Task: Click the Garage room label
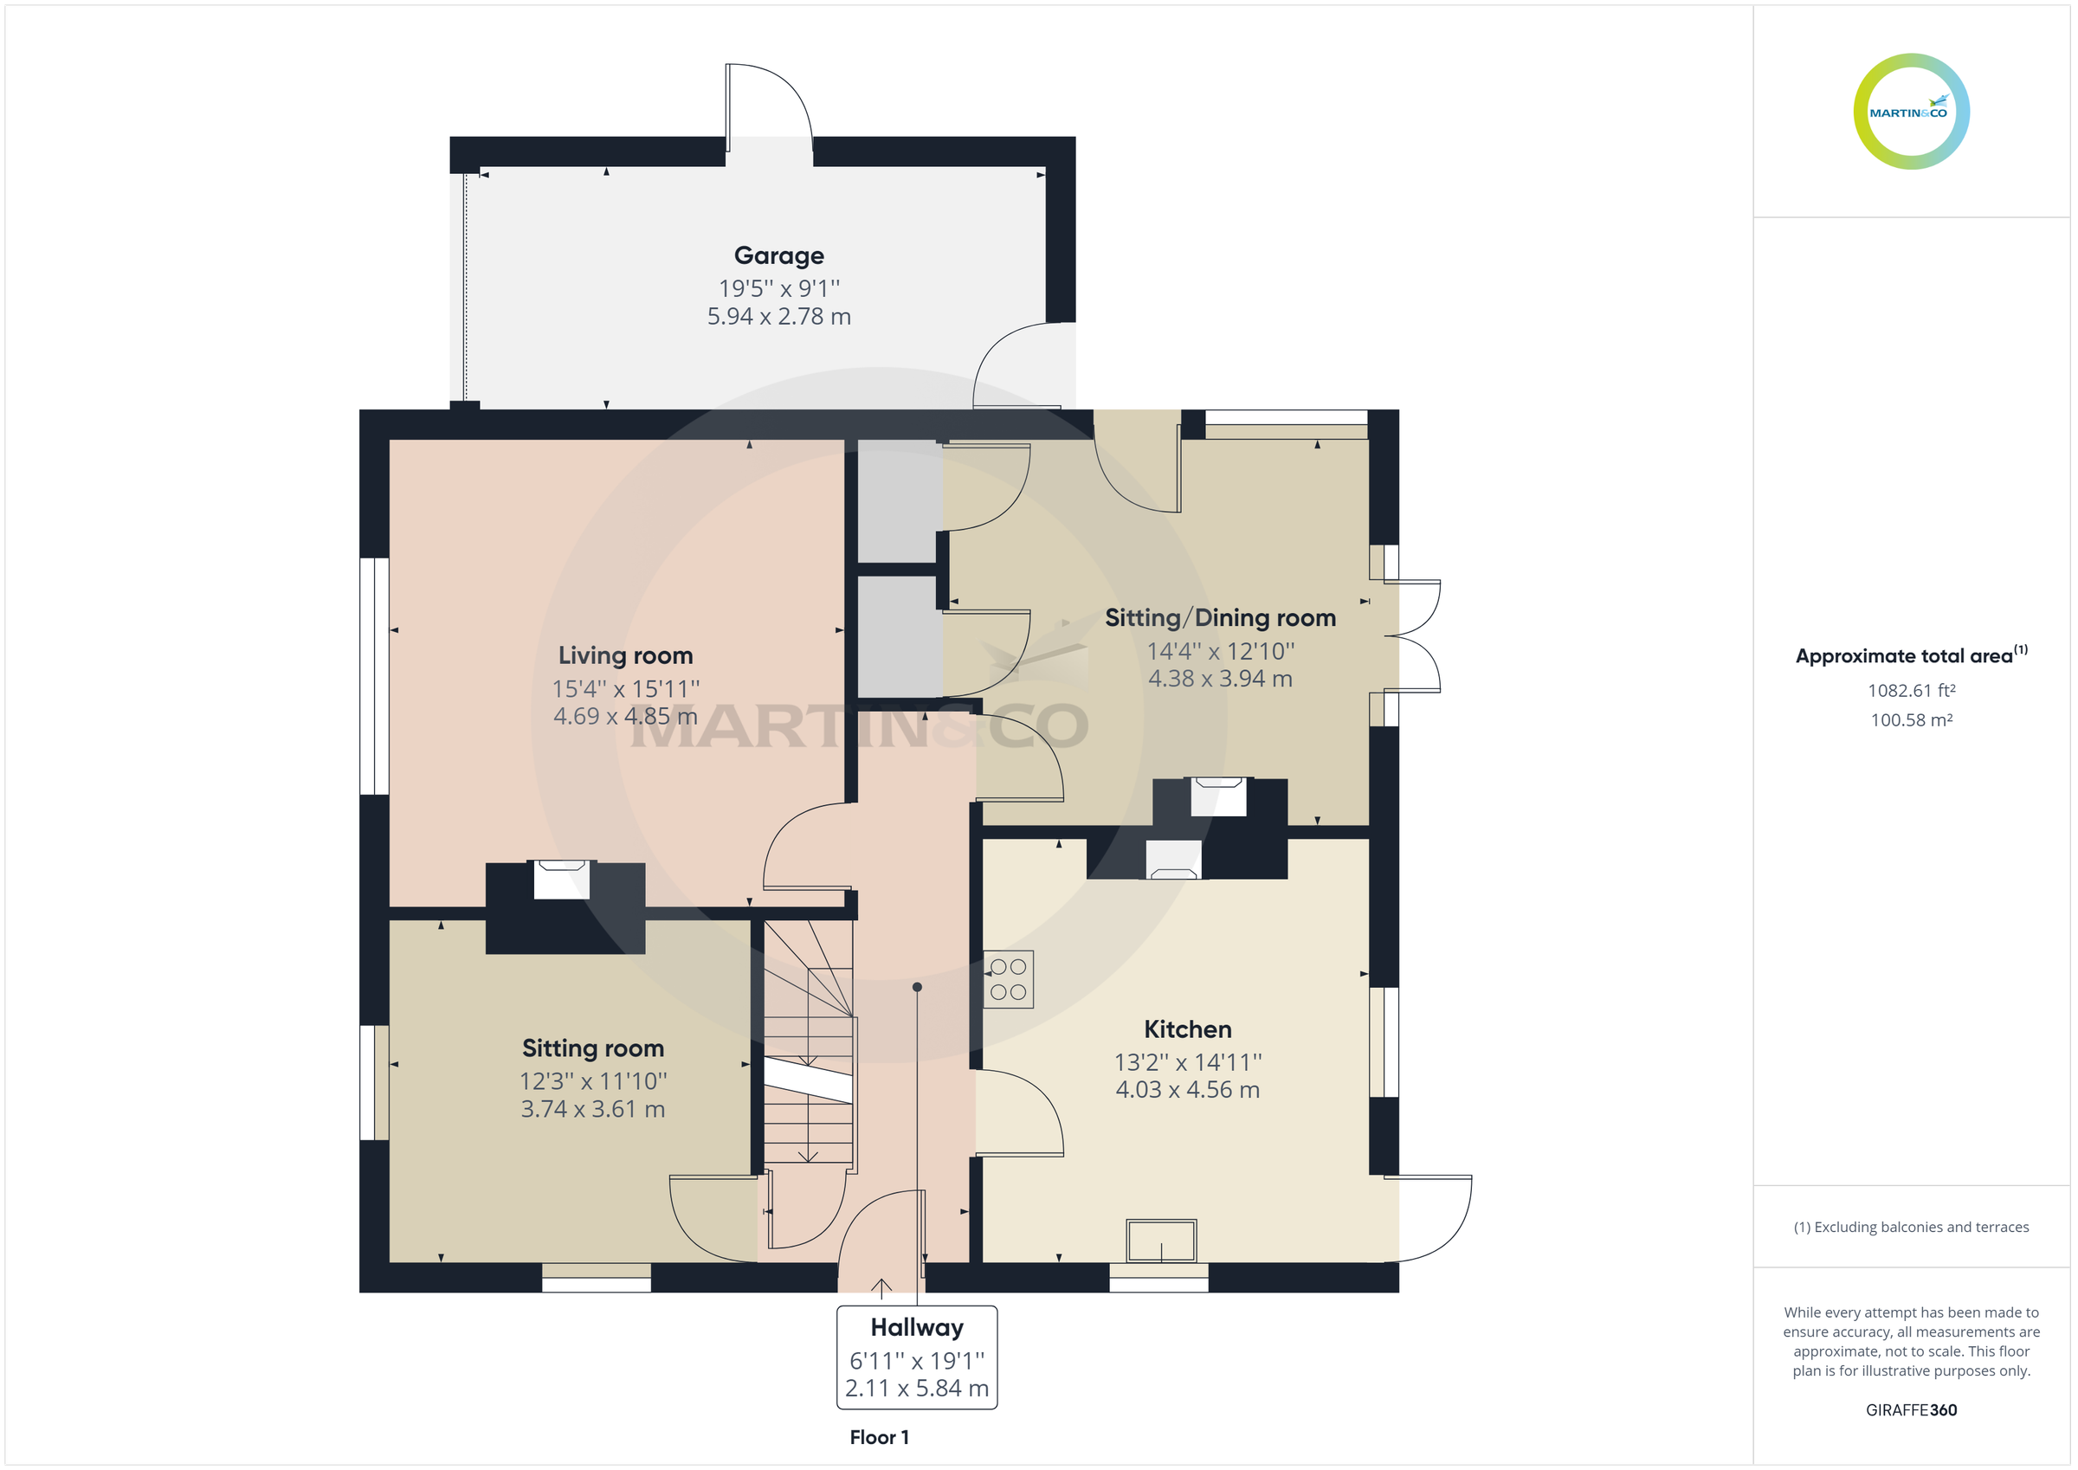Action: click(778, 256)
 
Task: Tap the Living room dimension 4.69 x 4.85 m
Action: click(624, 716)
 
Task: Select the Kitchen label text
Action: click(1187, 1029)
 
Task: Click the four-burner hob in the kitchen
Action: click(1008, 979)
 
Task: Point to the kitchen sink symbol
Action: click(1161, 1240)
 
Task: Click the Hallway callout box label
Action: click(916, 1328)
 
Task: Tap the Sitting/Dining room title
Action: click(1220, 618)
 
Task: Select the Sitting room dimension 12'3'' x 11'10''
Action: click(593, 1081)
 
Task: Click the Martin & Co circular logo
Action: click(1911, 112)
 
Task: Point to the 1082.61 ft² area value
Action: click(1911, 691)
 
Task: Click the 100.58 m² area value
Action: click(1911, 720)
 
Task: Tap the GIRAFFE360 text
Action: click(1911, 1410)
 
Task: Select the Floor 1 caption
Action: click(879, 1437)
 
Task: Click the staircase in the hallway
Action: click(807, 1041)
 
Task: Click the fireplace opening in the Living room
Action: click(561, 880)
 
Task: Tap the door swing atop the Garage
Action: click(767, 104)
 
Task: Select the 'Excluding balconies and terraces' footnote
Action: click(1911, 1228)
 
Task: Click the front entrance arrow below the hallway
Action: click(881, 1287)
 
